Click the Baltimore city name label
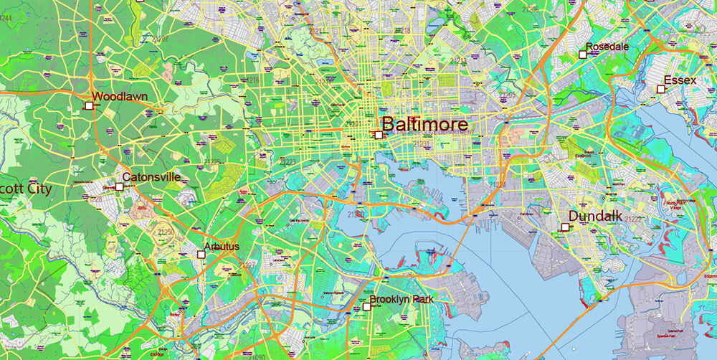click(x=424, y=124)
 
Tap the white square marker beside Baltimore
click(x=379, y=135)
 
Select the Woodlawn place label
click(x=120, y=96)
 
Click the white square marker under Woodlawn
click(x=89, y=105)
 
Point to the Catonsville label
click(x=151, y=176)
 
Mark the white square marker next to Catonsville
click(x=119, y=186)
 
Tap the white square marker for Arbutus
click(x=201, y=254)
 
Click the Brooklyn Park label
click(x=401, y=299)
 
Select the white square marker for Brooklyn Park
click(x=366, y=306)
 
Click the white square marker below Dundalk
click(x=565, y=227)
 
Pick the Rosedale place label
click(x=607, y=47)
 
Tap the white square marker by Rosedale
click(x=582, y=55)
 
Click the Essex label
click(x=680, y=80)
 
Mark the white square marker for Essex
click(x=660, y=89)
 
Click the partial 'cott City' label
click(x=26, y=189)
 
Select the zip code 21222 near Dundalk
click(x=634, y=219)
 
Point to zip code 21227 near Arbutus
click(x=248, y=265)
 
